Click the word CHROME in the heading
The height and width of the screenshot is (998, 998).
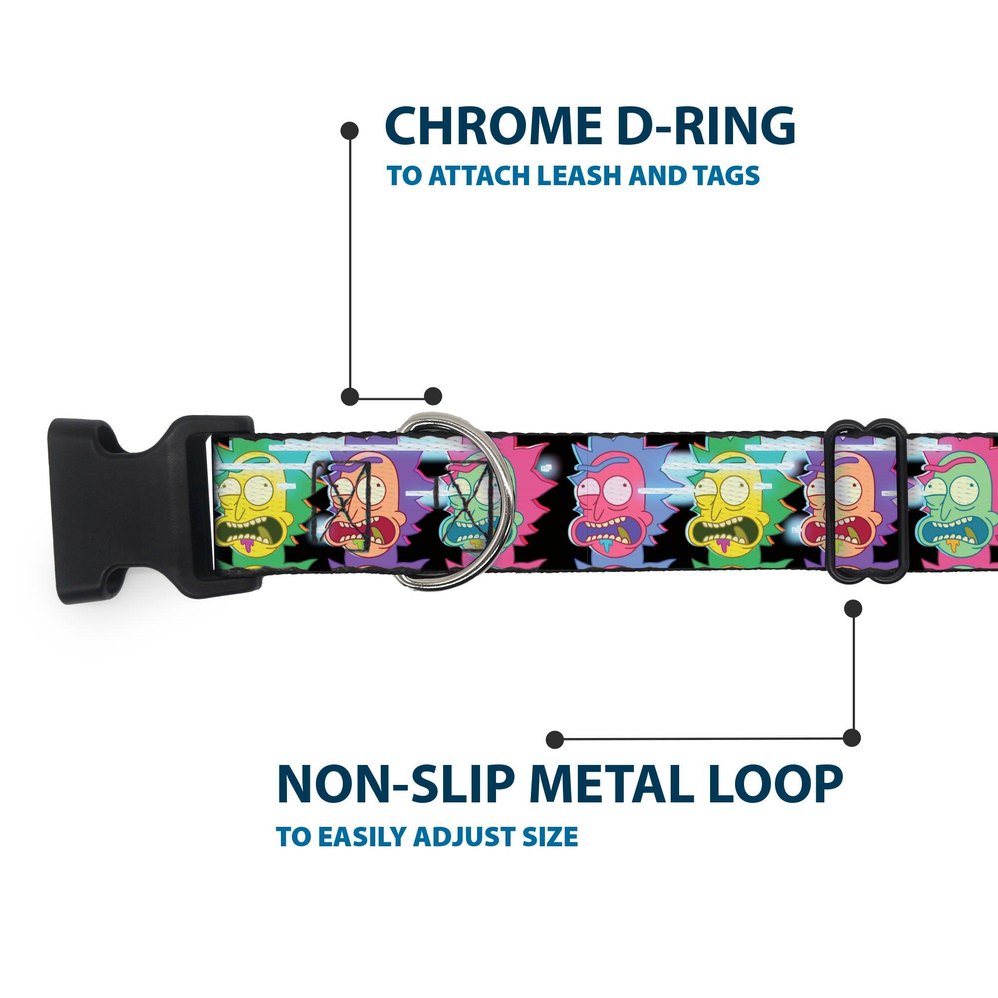pos(493,126)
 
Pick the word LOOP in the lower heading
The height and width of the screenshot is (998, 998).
pos(775,784)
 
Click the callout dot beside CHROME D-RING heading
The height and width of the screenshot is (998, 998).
pos(350,131)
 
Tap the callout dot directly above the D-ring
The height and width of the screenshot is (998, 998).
pos(433,397)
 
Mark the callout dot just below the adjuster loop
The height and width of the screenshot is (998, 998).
pos(853,608)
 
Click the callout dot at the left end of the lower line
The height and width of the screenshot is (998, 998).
pos(555,740)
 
